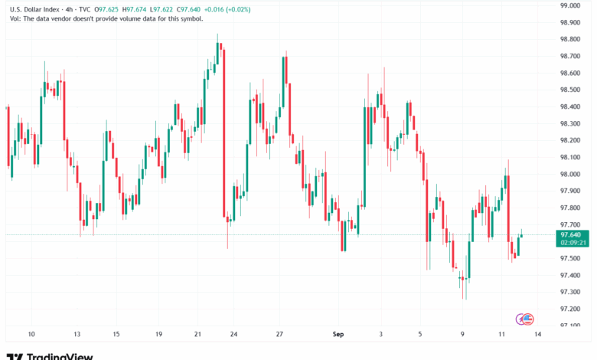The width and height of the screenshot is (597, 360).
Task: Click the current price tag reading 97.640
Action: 573,234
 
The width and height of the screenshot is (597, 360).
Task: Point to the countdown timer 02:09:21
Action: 573,242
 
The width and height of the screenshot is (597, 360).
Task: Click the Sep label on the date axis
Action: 338,335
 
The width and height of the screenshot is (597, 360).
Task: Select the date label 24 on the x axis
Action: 233,335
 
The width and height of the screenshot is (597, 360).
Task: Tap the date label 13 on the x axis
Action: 77,335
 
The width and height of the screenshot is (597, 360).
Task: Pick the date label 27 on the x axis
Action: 280,335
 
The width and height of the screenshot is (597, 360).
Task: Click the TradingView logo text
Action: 60,356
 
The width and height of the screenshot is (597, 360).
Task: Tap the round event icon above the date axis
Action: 526,318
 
